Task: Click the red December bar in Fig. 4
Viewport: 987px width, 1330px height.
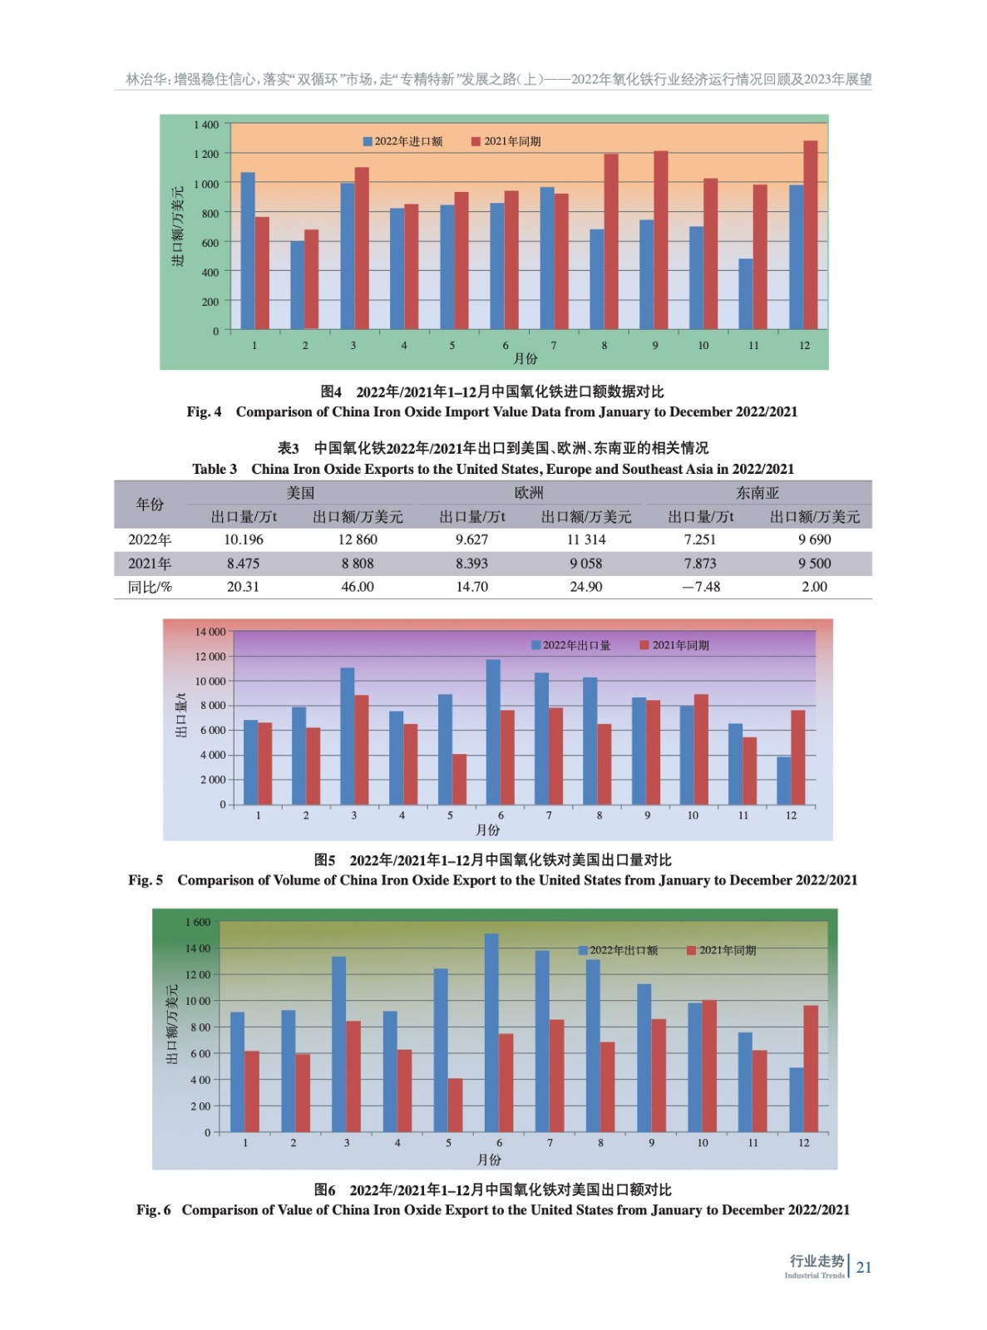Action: click(x=811, y=235)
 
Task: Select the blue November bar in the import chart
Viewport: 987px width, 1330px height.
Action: click(x=746, y=294)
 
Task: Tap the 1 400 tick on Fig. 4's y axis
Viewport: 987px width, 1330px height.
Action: click(x=206, y=125)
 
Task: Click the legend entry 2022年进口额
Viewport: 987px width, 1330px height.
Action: click(x=403, y=141)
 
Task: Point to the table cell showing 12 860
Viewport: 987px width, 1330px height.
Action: click(x=358, y=539)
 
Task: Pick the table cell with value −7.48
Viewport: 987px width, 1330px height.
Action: click(x=701, y=587)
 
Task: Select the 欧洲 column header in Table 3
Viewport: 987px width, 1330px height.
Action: click(x=529, y=493)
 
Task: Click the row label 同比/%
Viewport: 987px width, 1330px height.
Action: click(x=150, y=587)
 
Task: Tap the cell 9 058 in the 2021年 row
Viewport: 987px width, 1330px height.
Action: click(x=586, y=564)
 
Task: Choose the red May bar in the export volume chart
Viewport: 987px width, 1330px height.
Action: click(x=459, y=780)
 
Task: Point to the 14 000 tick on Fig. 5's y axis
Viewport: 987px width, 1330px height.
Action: click(x=210, y=632)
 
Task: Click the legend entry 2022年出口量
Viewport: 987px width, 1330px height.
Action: click(x=571, y=645)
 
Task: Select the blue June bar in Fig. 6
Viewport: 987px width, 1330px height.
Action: click(x=491, y=1032)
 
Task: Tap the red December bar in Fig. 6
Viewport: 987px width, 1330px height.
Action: click(x=811, y=1069)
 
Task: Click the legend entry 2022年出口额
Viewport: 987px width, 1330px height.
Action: click(x=619, y=950)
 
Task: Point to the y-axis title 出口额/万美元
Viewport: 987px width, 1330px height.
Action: click(x=172, y=1024)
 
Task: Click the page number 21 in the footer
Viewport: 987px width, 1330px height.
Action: click(x=864, y=1268)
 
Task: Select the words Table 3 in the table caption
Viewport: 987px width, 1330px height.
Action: click(x=215, y=469)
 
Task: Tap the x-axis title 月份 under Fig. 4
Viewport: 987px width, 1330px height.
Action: click(x=526, y=358)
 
